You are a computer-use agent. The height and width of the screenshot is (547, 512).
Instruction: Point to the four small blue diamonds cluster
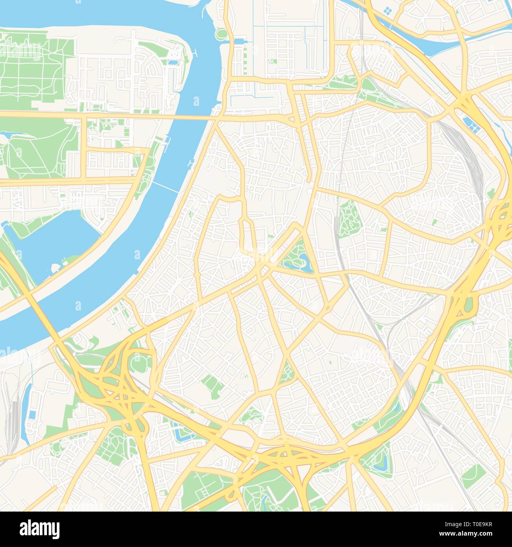pos(388,11)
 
